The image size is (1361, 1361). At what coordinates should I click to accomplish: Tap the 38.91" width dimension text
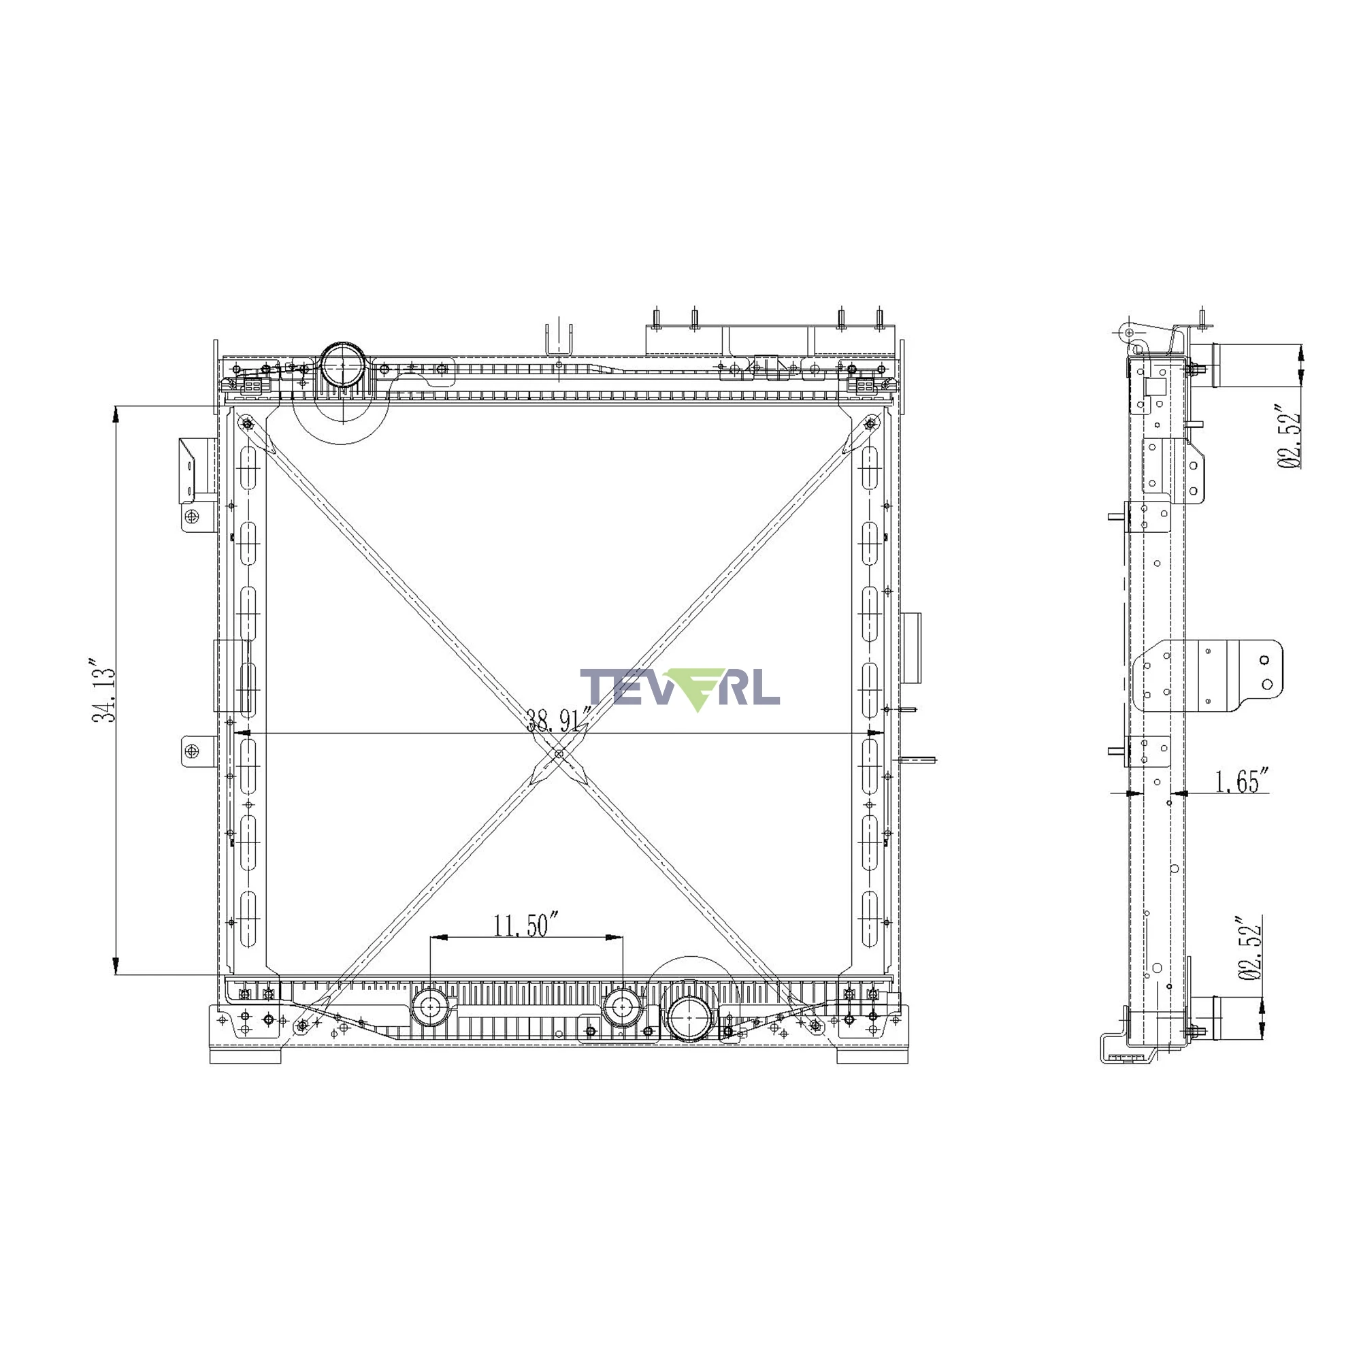coord(559,720)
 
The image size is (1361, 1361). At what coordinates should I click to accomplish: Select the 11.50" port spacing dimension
coord(525,925)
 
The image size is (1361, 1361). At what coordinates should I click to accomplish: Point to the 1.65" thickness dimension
coord(1242,781)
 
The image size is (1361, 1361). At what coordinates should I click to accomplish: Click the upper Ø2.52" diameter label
coord(1288,437)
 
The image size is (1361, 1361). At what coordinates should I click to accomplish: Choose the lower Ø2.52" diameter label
coord(1249,948)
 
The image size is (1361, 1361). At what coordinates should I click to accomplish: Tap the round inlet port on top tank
coord(342,365)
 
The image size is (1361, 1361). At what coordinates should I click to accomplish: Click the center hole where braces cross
coord(559,754)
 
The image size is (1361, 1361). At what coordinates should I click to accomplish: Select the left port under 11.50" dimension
coord(429,1008)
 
